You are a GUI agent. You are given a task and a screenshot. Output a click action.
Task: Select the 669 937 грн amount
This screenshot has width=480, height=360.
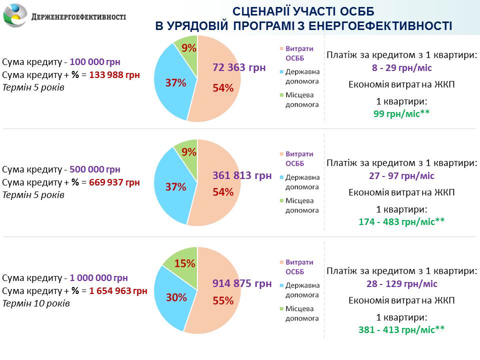pos(114,182)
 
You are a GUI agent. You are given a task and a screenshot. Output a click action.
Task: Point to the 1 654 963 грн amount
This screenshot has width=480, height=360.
pos(118,291)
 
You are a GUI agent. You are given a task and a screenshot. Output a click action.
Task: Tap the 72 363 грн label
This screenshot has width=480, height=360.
pos(239,67)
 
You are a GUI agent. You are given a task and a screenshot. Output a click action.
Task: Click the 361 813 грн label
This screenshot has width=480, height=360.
pos(242,175)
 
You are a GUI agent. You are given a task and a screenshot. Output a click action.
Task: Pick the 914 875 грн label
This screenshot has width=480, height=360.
pos(242,283)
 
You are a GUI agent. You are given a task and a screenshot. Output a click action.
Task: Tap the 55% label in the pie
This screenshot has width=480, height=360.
pos(223,300)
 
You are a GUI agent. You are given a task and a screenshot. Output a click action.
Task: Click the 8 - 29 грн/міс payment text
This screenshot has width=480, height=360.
pos(401,67)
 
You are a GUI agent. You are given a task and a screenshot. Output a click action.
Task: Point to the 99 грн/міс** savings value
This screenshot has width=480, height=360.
pos(401,113)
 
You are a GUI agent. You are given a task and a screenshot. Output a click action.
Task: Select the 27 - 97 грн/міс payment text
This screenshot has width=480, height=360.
pos(401,176)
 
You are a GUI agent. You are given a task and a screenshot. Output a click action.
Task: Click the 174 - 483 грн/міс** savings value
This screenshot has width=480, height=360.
pos(401,221)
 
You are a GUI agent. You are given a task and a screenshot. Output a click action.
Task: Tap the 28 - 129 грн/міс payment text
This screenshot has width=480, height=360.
pos(401,284)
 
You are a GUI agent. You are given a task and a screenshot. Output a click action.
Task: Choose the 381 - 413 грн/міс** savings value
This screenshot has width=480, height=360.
pos(401,329)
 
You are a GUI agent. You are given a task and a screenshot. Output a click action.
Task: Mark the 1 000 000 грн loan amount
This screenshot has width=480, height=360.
pos(98,278)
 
